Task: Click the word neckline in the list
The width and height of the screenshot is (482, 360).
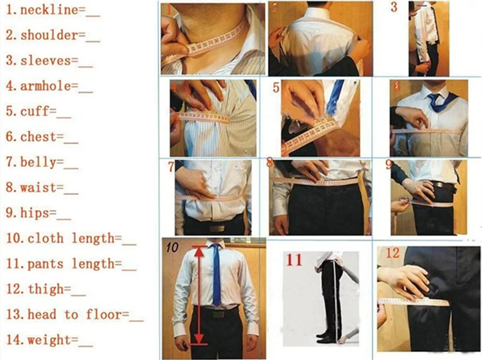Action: tap(49, 10)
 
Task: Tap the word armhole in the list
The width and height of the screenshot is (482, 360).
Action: tap(46, 86)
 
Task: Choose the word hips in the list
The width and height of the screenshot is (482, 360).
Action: tap(35, 213)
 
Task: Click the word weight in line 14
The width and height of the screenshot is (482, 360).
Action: tap(49, 340)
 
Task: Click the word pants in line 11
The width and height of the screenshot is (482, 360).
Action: tap(46, 264)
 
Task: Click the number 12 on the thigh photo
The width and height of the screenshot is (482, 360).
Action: tap(393, 253)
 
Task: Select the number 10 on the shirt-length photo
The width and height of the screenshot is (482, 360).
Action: tap(172, 247)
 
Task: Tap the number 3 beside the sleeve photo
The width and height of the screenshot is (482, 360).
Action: tap(394, 7)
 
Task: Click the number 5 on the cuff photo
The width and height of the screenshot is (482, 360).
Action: tap(276, 88)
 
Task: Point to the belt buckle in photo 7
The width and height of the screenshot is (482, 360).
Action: tap(217, 228)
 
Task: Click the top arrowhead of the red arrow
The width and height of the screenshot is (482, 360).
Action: tap(199, 252)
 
